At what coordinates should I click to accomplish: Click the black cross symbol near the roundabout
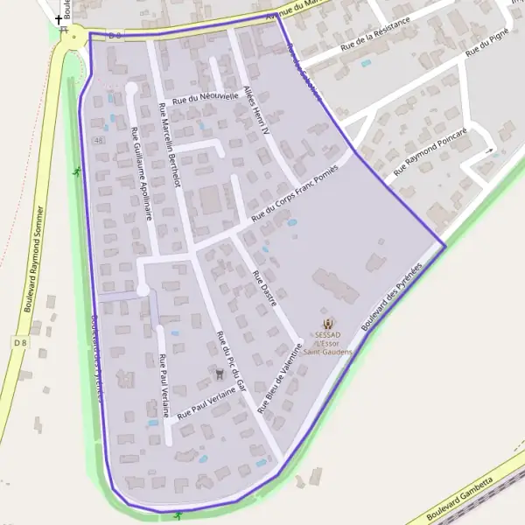[x=59, y=18]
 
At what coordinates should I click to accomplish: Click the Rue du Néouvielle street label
[x=206, y=99]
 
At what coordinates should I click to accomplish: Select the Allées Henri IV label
[x=256, y=113]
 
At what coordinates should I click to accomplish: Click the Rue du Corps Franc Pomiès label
[x=294, y=193]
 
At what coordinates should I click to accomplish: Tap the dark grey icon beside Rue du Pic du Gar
[x=219, y=374]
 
